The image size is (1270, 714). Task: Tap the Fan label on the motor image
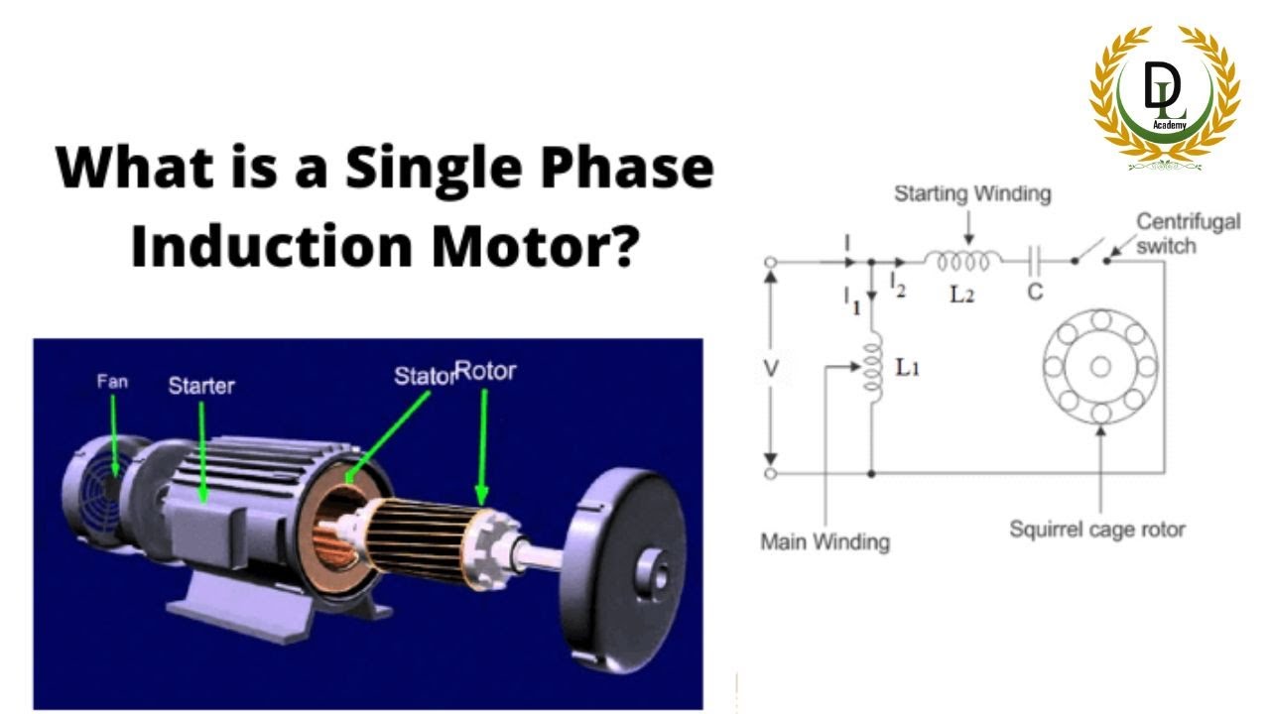(x=111, y=380)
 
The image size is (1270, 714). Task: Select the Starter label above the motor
(x=201, y=385)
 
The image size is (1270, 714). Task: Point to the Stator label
(x=424, y=376)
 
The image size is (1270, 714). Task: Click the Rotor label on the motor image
(x=486, y=373)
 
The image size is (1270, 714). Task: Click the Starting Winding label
(x=972, y=193)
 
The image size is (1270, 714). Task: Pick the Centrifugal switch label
(x=1188, y=232)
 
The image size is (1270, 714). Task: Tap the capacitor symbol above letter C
(x=1035, y=262)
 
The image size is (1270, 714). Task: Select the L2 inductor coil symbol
(x=962, y=261)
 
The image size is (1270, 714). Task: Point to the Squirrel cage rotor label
(x=1096, y=530)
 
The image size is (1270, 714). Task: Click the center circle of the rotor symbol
(x=1099, y=366)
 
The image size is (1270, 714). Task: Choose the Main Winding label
(x=825, y=542)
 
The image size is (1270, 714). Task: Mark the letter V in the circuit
(x=771, y=369)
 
